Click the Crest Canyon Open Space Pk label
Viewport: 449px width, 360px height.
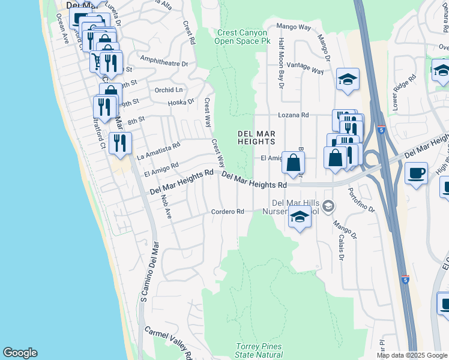pyautogui.click(x=243, y=37)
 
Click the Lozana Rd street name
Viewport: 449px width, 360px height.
pyautogui.click(x=292, y=115)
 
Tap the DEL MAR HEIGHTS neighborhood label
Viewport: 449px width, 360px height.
pyautogui.click(x=256, y=137)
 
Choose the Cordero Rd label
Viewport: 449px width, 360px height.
pyautogui.click(x=228, y=212)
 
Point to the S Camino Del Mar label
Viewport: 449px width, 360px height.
pyautogui.click(x=144, y=272)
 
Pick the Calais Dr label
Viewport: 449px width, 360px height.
pyautogui.click(x=340, y=247)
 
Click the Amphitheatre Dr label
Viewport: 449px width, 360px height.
pyautogui.click(x=163, y=61)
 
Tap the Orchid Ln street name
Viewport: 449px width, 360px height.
pyautogui.click(x=169, y=90)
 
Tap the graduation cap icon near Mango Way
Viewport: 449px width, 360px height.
pyautogui.click(x=348, y=80)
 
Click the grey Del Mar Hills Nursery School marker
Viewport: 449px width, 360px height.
pyautogui.click(x=328, y=206)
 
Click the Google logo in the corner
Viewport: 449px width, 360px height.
pyautogui.click(x=20, y=353)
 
